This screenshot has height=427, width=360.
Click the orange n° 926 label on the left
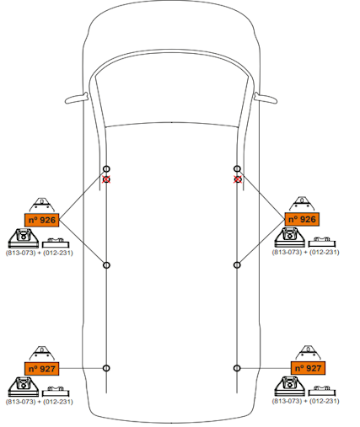pyautogui.click(x=42, y=220)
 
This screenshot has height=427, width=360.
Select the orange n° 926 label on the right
pyautogui.click(x=302, y=219)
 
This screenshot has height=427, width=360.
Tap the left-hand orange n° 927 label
pyautogui.click(x=42, y=369)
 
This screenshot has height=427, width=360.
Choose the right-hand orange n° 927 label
pyautogui.click(x=308, y=368)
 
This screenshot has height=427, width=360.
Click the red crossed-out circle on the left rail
pyautogui.click(x=106, y=179)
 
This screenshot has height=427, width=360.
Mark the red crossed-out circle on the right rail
pyautogui.click(x=238, y=179)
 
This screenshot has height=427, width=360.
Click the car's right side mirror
pyautogui.click(x=266, y=98)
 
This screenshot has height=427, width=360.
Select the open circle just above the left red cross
pyautogui.click(x=106, y=168)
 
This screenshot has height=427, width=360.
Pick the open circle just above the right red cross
pyautogui.click(x=237, y=168)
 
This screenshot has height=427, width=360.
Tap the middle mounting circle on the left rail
pyautogui.click(x=106, y=265)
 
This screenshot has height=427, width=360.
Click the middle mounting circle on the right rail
pyautogui.click(x=237, y=264)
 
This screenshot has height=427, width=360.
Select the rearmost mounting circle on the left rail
pyautogui.click(x=106, y=368)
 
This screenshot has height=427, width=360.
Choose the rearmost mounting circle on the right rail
pyautogui.click(x=237, y=368)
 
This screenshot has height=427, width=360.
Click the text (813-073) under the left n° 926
pyautogui.click(x=21, y=253)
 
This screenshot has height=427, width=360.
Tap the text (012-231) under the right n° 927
pyautogui.click(x=325, y=401)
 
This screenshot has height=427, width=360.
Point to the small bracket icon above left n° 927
pyautogui.click(x=42, y=354)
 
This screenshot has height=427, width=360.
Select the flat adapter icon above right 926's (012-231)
pyautogui.click(x=322, y=243)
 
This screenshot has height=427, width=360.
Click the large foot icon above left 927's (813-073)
pyautogui.click(x=24, y=387)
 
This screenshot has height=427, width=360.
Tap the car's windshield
pyautogui.click(x=172, y=93)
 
